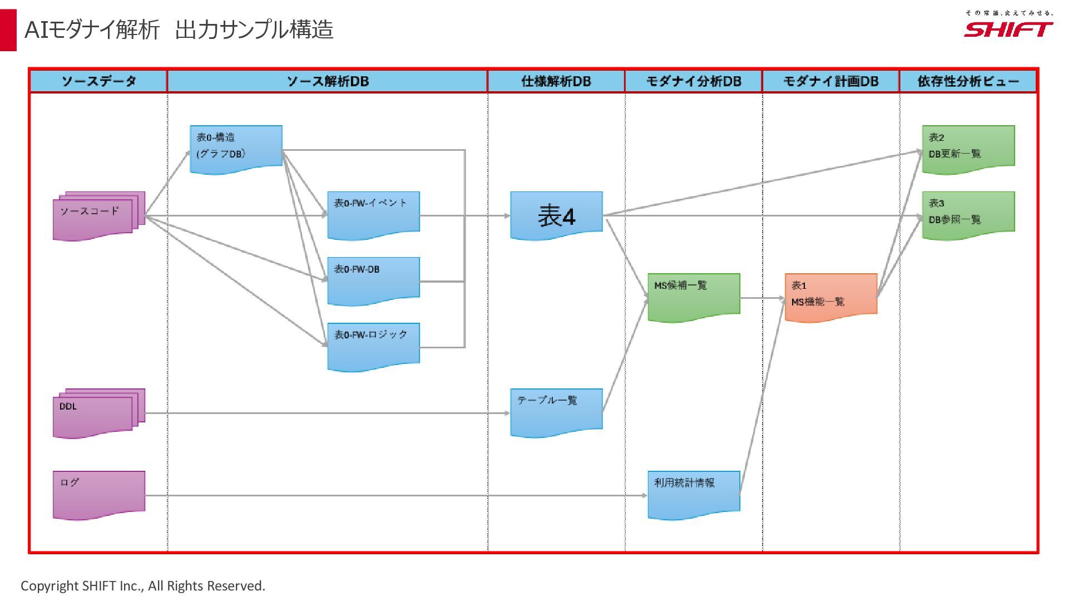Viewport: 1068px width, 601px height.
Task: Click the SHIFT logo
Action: (1008, 28)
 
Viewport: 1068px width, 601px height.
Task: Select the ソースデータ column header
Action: (98, 81)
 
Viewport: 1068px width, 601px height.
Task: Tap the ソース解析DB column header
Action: (327, 81)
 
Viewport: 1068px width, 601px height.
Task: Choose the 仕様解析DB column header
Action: (556, 81)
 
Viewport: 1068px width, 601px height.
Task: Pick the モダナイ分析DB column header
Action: (693, 81)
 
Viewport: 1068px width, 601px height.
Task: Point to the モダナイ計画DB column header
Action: (830, 81)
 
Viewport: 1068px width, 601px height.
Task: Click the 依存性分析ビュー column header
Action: (968, 81)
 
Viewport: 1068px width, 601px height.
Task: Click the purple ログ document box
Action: (98, 494)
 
